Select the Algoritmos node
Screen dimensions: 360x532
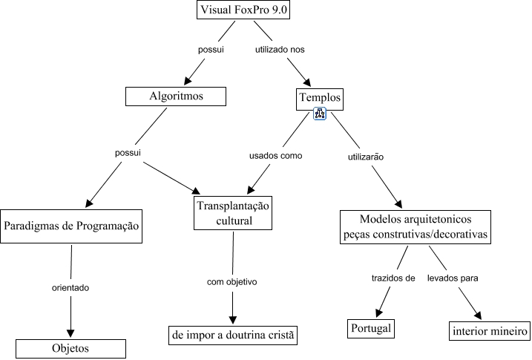click(175, 96)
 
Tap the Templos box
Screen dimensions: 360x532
click(320, 97)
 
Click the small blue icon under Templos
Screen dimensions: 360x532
click(320, 114)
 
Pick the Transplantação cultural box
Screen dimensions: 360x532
click(234, 212)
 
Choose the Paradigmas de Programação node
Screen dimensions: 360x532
click(71, 226)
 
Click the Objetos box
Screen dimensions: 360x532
click(71, 348)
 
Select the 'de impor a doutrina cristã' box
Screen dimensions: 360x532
click(233, 336)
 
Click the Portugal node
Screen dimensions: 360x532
click(370, 328)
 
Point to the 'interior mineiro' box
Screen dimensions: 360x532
click(488, 330)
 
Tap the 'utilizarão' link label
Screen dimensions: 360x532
click(365, 157)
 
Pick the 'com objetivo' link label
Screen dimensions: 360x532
click(231, 282)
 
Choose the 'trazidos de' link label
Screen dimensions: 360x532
click(393, 278)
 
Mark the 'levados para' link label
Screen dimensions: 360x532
click(452, 278)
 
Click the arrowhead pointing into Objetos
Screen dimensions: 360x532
click(71, 333)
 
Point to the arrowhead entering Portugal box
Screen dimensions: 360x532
click(381, 312)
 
